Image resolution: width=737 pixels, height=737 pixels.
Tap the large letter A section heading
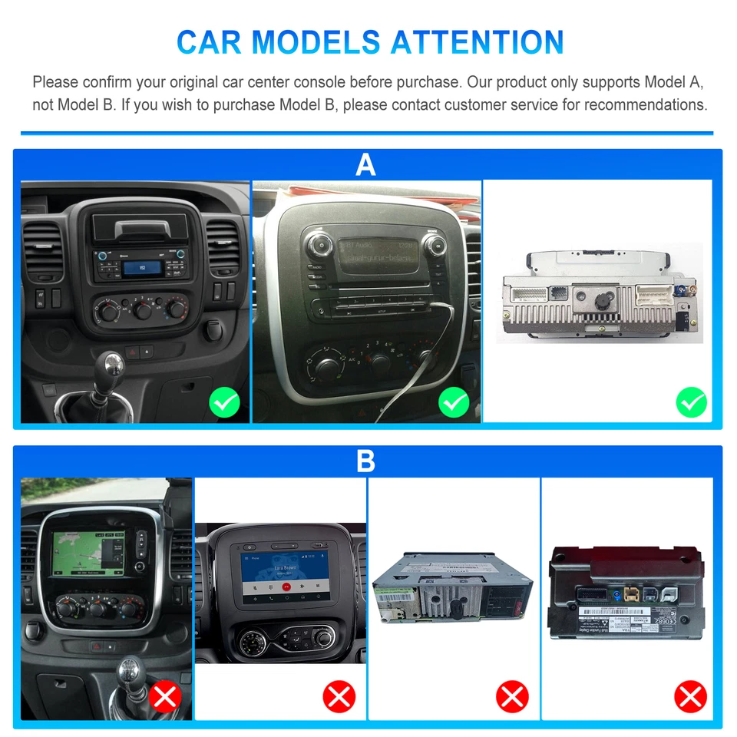point(366,164)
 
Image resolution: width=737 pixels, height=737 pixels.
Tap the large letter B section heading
point(366,461)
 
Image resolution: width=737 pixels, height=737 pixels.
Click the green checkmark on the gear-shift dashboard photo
point(225,402)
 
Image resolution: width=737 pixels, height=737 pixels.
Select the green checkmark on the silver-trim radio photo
point(454,402)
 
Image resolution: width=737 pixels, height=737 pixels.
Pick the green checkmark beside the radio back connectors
point(691,402)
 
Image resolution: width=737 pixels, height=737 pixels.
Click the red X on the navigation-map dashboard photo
point(165,697)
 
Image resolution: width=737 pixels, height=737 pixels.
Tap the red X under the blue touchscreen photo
point(339,697)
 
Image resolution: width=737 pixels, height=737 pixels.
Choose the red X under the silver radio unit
point(512,697)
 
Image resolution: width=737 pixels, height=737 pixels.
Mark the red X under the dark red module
point(690,697)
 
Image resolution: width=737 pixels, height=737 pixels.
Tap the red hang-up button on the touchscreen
point(286,586)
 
